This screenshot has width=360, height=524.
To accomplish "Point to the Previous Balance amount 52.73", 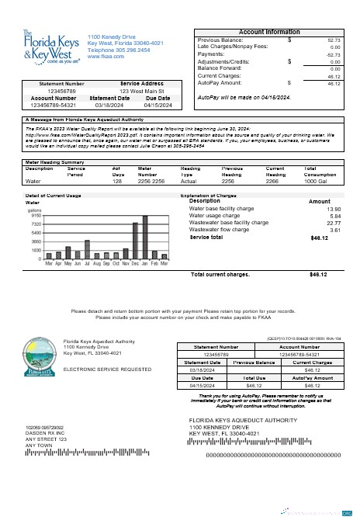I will tap(334, 40).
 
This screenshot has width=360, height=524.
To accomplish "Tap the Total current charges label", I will tap(220, 274).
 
